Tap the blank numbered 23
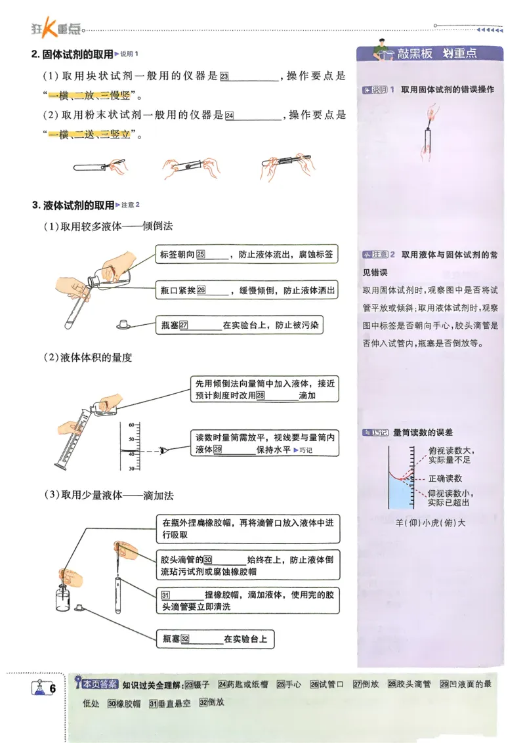pyautogui.click(x=253, y=77)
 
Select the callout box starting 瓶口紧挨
pyautogui.click(x=247, y=289)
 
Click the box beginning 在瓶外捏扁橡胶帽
pyautogui.click(x=248, y=529)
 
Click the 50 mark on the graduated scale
pyautogui.click(x=131, y=438)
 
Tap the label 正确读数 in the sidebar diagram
pyautogui.click(x=445, y=478)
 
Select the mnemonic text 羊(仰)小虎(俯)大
pyautogui.click(x=430, y=522)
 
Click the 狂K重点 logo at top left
pyautogui.click(x=56, y=28)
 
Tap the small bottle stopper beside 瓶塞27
pyautogui.click(x=124, y=324)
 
